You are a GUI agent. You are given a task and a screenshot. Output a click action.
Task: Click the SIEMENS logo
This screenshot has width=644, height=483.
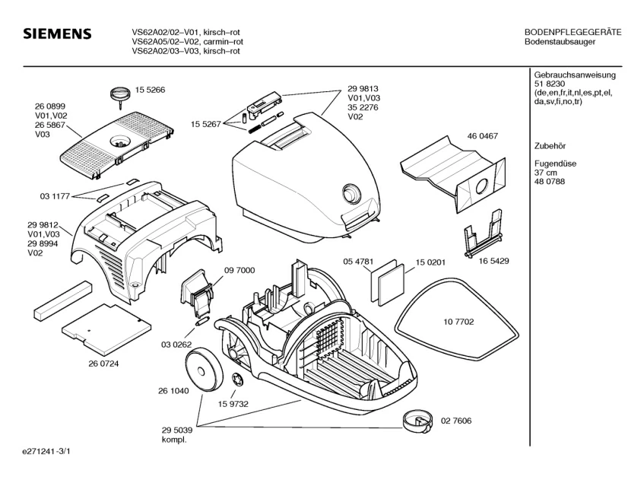pyautogui.click(x=57, y=35)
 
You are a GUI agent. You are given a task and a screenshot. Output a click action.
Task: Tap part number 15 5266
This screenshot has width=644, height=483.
pyautogui.click(x=151, y=90)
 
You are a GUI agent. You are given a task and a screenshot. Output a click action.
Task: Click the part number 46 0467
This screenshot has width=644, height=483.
pyautogui.click(x=482, y=136)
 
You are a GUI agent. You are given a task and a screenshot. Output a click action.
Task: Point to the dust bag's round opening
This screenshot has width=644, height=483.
pyautogui.click(x=482, y=185)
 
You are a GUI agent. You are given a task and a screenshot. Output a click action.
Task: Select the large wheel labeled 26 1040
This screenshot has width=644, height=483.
pyautogui.click(x=206, y=369)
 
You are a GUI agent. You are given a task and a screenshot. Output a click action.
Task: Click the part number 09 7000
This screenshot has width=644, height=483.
pyautogui.click(x=240, y=270)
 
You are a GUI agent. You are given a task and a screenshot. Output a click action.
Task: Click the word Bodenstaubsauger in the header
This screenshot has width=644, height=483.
pyautogui.click(x=560, y=42)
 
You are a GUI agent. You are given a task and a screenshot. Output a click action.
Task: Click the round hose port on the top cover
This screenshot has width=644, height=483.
pyautogui.click(x=351, y=192)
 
